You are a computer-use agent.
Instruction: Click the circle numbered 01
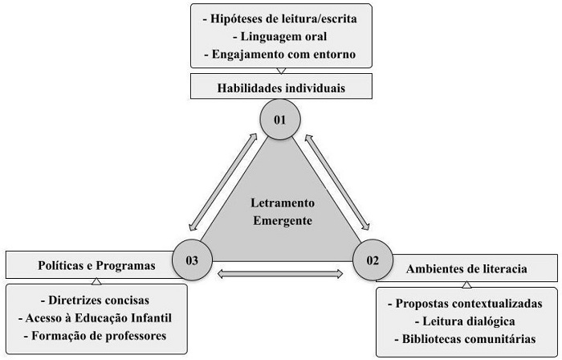click(x=280, y=120)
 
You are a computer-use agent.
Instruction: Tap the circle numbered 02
click(x=372, y=259)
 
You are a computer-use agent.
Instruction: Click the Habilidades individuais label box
click(x=280, y=87)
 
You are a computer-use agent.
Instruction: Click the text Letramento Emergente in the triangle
click(x=280, y=211)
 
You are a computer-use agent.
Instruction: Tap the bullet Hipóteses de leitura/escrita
click(x=281, y=18)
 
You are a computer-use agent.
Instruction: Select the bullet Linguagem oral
click(x=281, y=36)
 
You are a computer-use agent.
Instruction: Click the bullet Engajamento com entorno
click(x=281, y=55)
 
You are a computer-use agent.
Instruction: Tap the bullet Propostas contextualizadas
click(x=465, y=304)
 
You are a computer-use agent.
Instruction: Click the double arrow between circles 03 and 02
click(x=280, y=274)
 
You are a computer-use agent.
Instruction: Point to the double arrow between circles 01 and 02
click(x=336, y=180)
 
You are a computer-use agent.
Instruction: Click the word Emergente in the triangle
click(x=280, y=219)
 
